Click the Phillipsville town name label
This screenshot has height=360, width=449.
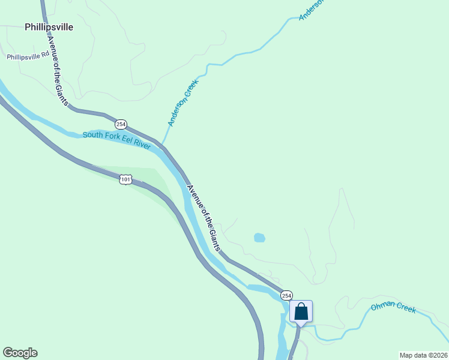coord(49,27)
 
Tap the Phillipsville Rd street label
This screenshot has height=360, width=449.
coord(28,57)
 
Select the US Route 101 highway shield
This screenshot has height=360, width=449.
coord(125,179)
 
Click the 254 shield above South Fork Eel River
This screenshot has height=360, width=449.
coord(121,124)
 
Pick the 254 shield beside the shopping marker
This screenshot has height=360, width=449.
coord(286,295)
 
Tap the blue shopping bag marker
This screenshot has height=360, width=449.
coord(301,312)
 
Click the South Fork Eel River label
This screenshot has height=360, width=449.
coord(116,137)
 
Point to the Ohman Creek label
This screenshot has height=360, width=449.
coord(393,308)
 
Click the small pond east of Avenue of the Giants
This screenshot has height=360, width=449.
coord(259,238)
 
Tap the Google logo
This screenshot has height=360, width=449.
coord(20,353)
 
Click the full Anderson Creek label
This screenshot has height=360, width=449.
coord(182,103)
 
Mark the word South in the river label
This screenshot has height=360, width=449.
coord(93,135)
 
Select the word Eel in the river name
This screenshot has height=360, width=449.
coord(125,138)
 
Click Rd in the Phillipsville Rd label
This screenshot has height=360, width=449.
coord(44,55)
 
